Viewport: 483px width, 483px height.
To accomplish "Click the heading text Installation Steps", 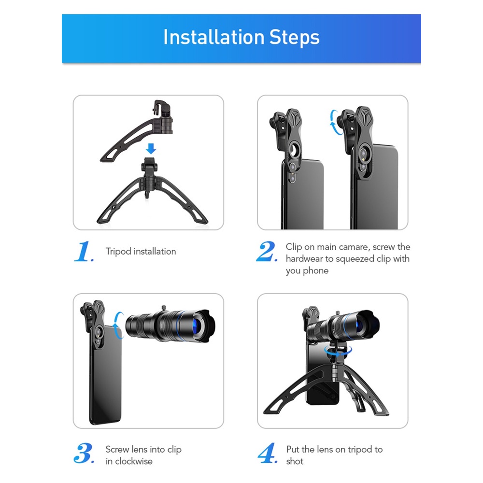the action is click(x=241, y=37).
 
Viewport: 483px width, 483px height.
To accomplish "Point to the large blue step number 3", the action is click(x=84, y=453).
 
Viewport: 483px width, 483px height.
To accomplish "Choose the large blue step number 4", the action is click(x=268, y=453).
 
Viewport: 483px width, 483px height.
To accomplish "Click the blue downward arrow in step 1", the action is click(x=151, y=148).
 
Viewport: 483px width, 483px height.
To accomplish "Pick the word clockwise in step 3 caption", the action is click(x=134, y=461).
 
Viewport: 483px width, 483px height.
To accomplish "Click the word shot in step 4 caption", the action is click(x=295, y=461).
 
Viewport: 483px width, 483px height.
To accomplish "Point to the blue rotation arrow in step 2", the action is click(x=334, y=123).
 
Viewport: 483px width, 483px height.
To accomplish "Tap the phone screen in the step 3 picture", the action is click(x=106, y=373).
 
